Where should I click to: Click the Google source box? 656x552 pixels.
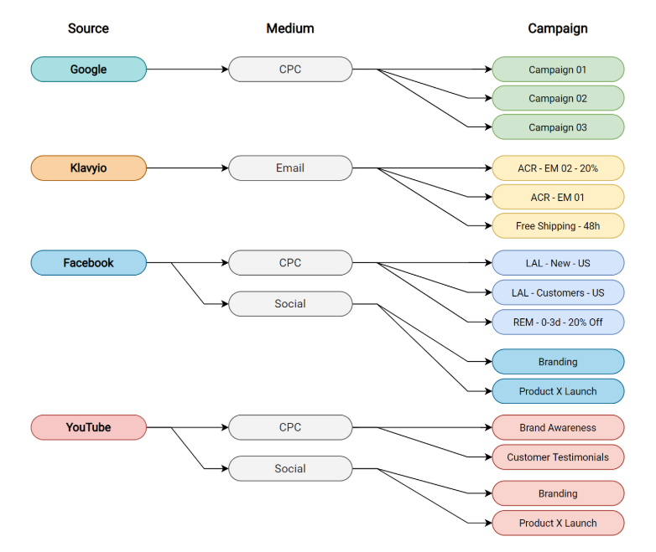(88, 70)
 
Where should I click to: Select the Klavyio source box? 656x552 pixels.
(88, 168)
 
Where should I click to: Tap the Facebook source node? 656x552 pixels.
(88, 263)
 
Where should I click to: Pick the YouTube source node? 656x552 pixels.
(88, 427)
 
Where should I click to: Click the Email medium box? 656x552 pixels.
(290, 168)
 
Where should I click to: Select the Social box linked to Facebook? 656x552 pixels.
(290, 304)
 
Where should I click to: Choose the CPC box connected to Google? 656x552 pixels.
(290, 70)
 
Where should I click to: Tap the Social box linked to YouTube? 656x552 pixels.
(290, 468)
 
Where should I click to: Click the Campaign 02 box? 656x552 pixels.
(558, 99)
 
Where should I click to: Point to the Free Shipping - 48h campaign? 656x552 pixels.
(558, 226)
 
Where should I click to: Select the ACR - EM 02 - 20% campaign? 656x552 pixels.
(558, 168)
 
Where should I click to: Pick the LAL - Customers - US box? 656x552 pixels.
(558, 292)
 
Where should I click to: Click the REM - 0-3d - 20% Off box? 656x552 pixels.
(558, 322)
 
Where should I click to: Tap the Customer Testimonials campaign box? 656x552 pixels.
(558, 457)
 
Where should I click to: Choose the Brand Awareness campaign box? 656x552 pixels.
(558, 427)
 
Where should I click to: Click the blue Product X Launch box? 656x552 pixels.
(558, 391)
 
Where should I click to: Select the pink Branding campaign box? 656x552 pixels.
(558, 493)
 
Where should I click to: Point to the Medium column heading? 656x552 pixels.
(290, 28)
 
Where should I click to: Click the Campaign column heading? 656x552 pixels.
(558, 28)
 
